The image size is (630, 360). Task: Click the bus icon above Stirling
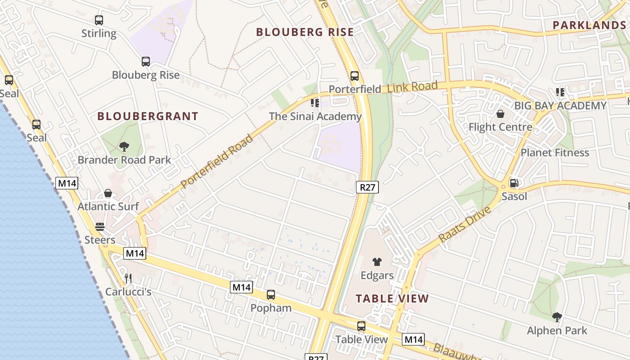point(99,20)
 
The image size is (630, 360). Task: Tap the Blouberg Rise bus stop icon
point(146,62)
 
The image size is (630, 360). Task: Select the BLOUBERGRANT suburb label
point(148,116)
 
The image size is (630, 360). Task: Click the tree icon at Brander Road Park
point(124,146)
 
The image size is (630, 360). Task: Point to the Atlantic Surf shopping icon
point(108,193)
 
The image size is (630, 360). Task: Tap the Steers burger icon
point(100,227)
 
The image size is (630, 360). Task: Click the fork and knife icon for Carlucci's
point(128,279)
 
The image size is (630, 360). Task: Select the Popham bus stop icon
point(271,295)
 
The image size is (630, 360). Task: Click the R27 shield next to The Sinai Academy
point(367,187)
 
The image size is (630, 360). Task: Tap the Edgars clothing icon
point(377,261)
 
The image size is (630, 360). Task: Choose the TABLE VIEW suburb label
point(392,298)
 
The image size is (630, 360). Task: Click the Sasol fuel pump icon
point(513,183)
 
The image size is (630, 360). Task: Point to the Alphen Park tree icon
point(557,317)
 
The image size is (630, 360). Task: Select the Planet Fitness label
point(554,153)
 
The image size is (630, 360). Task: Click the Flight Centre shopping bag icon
point(500,114)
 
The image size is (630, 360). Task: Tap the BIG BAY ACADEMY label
point(560,106)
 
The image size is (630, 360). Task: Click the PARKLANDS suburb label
point(589,25)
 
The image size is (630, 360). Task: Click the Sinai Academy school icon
point(315,103)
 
